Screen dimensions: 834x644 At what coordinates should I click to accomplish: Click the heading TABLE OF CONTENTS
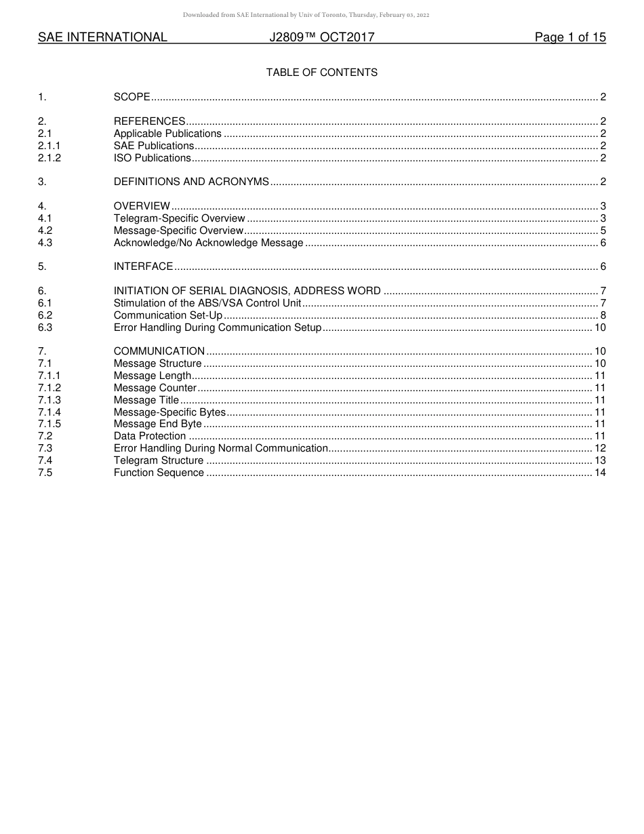[x=321, y=73]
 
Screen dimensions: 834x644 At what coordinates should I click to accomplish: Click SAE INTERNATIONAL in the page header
[x=102, y=37]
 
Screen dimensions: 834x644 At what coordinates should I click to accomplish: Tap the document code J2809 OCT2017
[x=321, y=37]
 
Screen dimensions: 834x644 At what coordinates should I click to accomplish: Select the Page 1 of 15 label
[x=569, y=37]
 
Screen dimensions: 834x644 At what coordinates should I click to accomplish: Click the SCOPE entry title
[x=132, y=98]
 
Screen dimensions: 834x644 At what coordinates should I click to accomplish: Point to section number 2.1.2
[x=49, y=158]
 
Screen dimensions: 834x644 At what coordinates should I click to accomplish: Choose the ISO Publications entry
[x=153, y=158]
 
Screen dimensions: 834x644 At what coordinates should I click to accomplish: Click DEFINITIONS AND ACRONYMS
[x=191, y=182]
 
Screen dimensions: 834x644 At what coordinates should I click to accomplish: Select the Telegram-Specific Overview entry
[x=179, y=218]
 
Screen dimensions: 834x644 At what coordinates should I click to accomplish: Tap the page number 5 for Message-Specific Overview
[x=603, y=231]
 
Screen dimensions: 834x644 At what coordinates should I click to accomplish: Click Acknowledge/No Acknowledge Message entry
[x=208, y=243]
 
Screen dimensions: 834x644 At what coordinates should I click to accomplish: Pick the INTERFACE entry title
[x=143, y=267]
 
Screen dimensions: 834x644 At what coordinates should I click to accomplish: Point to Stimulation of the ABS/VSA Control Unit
[x=207, y=303]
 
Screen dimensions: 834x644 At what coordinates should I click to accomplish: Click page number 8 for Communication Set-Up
[x=603, y=315]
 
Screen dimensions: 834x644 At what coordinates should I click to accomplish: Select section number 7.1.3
[x=49, y=400]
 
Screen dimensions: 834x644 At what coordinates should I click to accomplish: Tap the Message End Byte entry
[x=157, y=424]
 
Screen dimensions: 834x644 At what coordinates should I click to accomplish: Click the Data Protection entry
[x=149, y=436]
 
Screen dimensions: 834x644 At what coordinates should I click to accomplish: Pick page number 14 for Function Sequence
[x=600, y=473]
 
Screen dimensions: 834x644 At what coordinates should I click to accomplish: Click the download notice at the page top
[x=306, y=15]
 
